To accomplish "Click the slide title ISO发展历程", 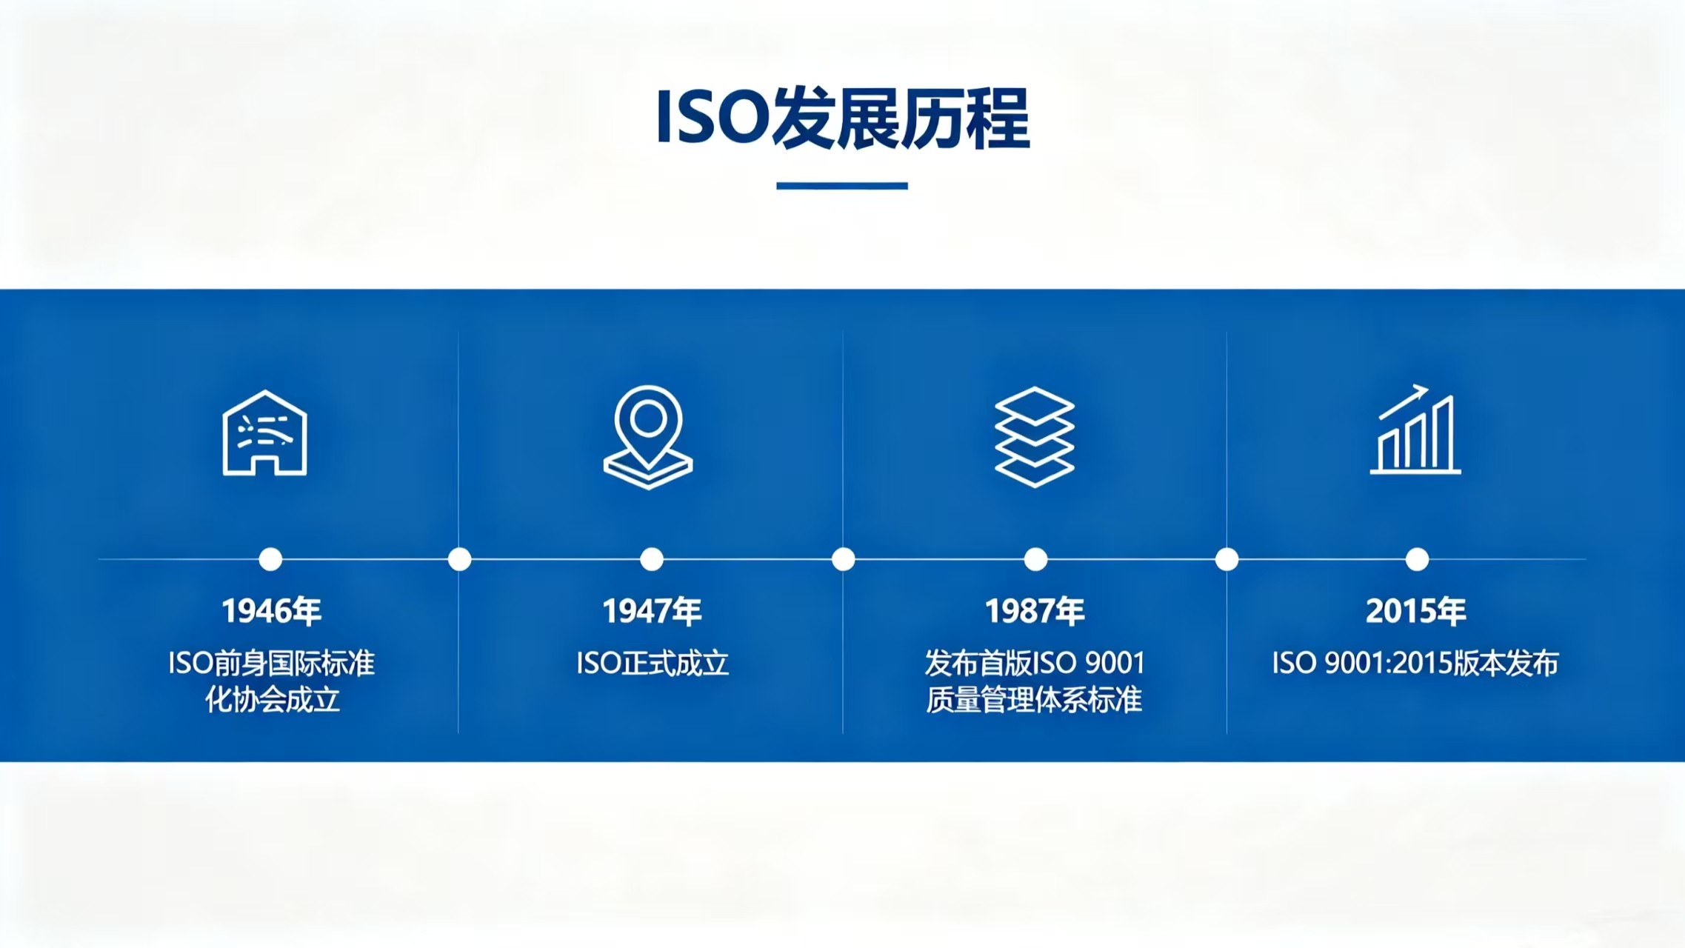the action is pyautogui.click(x=843, y=118).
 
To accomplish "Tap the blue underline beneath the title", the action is pyautogui.click(x=842, y=186).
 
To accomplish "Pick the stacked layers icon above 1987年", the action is pyautogui.click(x=1035, y=437).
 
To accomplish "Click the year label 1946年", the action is pyautogui.click(x=272, y=611).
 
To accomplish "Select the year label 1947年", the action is pyautogui.click(x=652, y=611).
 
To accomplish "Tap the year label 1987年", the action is pyautogui.click(x=1035, y=611).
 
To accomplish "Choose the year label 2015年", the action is pyautogui.click(x=1416, y=611).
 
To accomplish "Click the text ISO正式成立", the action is pyautogui.click(x=653, y=663).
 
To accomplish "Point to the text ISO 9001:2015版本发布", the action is pyautogui.click(x=1415, y=663).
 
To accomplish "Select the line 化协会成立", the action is pyautogui.click(x=273, y=700).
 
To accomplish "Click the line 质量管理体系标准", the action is pyautogui.click(x=1034, y=700).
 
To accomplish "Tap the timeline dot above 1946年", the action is pyautogui.click(x=270, y=559).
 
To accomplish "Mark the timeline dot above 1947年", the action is pyautogui.click(x=652, y=559).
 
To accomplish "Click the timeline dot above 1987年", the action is pyautogui.click(x=1035, y=559).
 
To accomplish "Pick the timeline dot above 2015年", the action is pyautogui.click(x=1417, y=559).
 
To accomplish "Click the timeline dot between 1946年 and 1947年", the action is pyautogui.click(x=460, y=559).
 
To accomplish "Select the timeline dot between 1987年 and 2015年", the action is pyautogui.click(x=1227, y=559).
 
